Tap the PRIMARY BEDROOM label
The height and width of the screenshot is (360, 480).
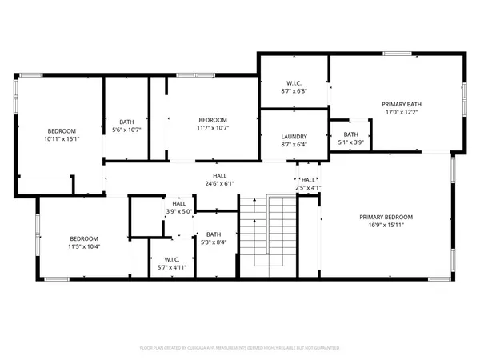[386, 217]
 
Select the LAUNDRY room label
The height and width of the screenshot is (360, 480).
[294, 136]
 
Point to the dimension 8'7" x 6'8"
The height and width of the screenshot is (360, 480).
[294, 91]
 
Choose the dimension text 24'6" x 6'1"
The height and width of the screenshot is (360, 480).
[218, 183]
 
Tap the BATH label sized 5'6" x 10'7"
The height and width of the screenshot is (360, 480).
[126, 121]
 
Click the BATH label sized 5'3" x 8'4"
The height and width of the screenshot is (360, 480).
[213, 234]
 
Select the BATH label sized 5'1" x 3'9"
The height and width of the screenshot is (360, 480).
[351, 134]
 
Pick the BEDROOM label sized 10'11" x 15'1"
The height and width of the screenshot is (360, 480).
[62, 130]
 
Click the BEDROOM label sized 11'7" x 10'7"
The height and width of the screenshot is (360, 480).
[213, 119]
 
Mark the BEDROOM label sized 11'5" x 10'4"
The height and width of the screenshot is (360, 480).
[83, 238]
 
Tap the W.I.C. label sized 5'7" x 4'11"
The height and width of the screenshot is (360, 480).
[171, 259]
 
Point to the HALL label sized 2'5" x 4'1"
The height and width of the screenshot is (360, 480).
[307, 180]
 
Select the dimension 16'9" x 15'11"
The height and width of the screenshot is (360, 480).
[386, 225]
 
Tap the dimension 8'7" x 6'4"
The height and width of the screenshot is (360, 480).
[294, 144]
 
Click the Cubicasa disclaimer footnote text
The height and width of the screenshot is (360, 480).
[240, 349]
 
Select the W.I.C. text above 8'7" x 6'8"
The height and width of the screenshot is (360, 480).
[294, 83]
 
